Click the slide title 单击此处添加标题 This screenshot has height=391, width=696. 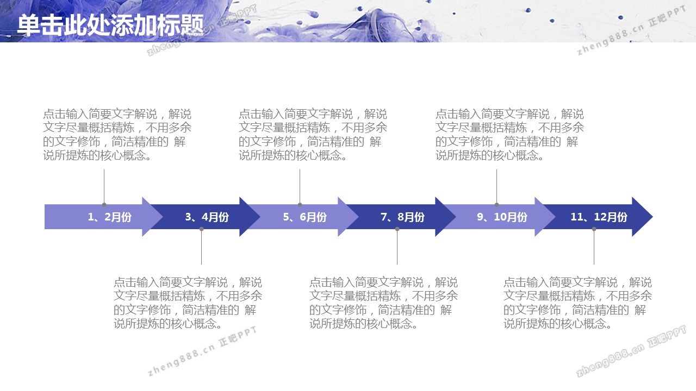[110, 24]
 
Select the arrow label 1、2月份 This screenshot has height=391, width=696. [109, 217]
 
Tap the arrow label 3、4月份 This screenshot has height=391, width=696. [207, 217]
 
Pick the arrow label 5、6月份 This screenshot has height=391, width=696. [305, 217]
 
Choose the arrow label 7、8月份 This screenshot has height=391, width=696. [403, 217]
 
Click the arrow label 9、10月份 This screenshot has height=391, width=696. [502, 217]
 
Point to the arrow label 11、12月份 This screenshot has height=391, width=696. [599, 217]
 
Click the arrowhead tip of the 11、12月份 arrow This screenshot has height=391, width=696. [652, 217]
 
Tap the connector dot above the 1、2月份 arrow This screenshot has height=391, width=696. [104, 205]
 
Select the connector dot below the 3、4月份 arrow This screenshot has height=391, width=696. [201, 229]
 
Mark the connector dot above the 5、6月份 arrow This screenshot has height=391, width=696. [300, 205]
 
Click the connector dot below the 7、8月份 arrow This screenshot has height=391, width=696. [397, 229]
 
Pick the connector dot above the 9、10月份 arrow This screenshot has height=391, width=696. [496, 205]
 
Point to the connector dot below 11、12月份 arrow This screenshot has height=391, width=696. [594, 229]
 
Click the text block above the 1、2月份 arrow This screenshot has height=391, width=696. [117, 135]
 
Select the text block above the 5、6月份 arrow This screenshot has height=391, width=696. [313, 135]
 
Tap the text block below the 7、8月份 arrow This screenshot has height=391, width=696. [383, 303]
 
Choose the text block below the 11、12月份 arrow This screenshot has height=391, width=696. [577, 303]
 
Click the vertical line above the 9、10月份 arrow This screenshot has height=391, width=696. [496, 186]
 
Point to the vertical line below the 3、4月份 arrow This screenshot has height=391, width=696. [201, 247]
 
